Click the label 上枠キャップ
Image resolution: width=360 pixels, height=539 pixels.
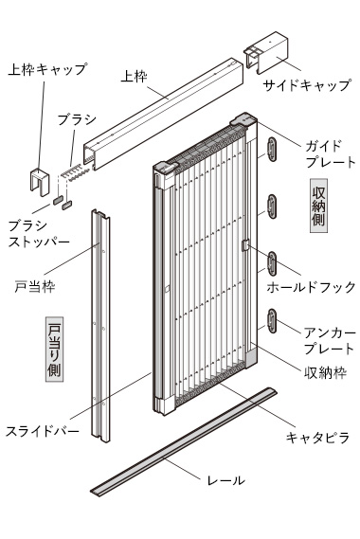[47, 69]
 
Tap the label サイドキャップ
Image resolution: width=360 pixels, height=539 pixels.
[307, 85]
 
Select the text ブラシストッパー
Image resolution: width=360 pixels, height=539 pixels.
[39, 234]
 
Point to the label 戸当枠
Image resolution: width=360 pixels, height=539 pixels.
[35, 286]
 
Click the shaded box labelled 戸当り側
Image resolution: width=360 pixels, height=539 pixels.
[54, 350]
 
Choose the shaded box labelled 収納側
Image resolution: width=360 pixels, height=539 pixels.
[318, 206]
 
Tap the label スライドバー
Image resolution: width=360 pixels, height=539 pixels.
[43, 431]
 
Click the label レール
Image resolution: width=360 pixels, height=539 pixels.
[225, 480]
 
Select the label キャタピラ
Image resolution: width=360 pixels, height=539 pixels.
[317, 438]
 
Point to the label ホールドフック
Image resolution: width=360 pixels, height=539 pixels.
[311, 287]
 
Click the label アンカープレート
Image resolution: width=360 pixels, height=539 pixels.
[329, 341]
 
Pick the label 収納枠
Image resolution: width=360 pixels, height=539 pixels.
[325, 372]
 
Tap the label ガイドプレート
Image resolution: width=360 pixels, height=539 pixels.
[330, 153]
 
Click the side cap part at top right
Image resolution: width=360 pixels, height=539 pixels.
[266, 53]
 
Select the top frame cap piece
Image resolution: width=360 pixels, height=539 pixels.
[40, 182]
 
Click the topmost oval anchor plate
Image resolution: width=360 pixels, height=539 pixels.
[272, 149]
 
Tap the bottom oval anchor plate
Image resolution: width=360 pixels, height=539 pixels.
[272, 321]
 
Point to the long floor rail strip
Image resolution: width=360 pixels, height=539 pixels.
[184, 442]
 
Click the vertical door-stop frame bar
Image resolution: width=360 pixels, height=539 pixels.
[100, 326]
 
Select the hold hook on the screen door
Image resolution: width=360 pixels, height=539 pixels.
[244, 245]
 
